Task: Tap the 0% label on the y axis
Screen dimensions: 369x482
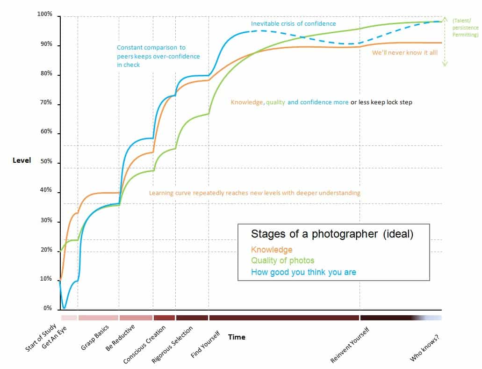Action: tap(47, 308)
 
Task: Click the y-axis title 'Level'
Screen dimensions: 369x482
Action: tap(22, 160)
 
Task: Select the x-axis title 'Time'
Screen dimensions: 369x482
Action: tap(237, 337)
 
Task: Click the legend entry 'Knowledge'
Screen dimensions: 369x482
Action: tap(272, 250)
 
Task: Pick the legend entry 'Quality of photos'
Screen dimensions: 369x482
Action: tap(282, 260)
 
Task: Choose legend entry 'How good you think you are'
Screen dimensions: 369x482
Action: tap(303, 272)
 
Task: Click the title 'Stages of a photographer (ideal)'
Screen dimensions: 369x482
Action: tap(332, 234)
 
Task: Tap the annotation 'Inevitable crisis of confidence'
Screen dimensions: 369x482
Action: tap(293, 23)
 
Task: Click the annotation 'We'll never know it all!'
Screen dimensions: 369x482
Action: tap(405, 53)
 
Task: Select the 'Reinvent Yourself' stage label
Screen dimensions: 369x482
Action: tap(350, 345)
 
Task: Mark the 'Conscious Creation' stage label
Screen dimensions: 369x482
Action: tap(144, 345)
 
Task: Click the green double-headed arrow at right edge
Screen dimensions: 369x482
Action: tap(445, 42)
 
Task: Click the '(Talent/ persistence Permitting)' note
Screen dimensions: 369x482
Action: tap(465, 28)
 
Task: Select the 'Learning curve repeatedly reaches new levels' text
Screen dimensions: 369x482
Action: tap(254, 193)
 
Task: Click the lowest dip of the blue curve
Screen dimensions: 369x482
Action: tap(65, 308)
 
